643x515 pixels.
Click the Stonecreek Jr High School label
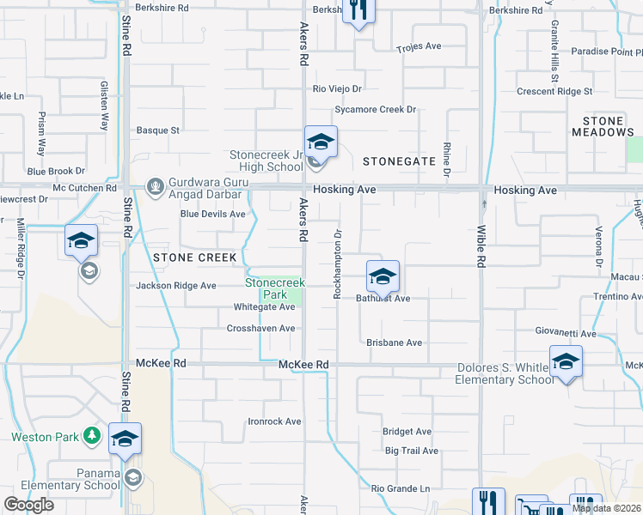point(266,161)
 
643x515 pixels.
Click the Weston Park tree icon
point(92,436)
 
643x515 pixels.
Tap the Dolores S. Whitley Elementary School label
point(504,373)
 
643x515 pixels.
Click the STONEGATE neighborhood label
point(394,161)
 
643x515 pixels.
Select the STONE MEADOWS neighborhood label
point(603,127)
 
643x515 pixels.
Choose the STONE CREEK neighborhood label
point(194,257)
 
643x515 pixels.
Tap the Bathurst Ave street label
point(383,299)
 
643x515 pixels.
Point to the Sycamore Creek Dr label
point(375,110)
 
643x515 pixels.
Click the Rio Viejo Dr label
point(337,88)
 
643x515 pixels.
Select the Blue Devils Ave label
point(212,215)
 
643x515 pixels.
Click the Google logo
point(28,505)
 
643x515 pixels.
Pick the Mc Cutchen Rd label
point(84,187)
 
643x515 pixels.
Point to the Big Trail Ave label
point(412,451)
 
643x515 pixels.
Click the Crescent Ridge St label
point(554,91)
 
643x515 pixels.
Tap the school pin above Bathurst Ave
point(383,276)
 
